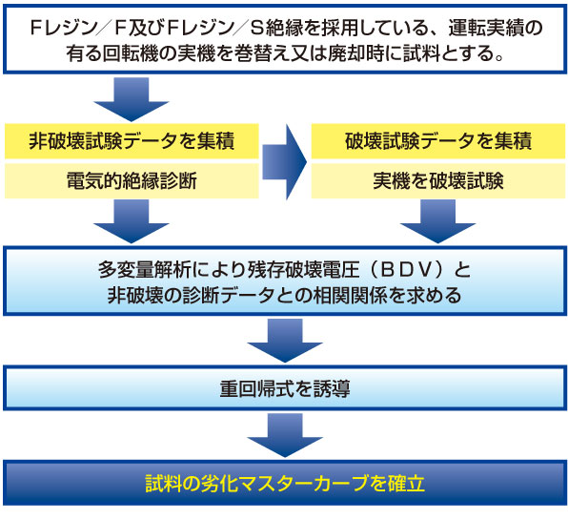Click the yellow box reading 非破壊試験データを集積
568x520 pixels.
pyautogui.click(x=132, y=141)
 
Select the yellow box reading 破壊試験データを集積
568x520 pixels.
pyautogui.click(x=438, y=141)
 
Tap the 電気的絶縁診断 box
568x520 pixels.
pyautogui.click(x=132, y=180)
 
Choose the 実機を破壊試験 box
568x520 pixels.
pyautogui.click(x=438, y=180)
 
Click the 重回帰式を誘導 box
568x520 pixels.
pyautogui.click(x=285, y=388)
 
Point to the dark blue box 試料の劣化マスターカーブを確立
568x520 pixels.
pyautogui.click(x=285, y=483)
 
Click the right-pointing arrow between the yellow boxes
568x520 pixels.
pyautogui.click(x=285, y=162)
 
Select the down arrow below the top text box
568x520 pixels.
pyautogui.click(x=132, y=99)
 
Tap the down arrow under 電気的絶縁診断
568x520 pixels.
pyautogui.click(x=132, y=221)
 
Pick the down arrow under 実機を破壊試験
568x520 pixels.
pyautogui.click(x=437, y=221)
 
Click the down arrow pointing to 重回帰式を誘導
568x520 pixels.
pyautogui.click(x=285, y=341)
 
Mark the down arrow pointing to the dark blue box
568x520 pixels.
pyautogui.click(x=285, y=435)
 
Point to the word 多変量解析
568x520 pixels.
pyautogui.click(x=145, y=270)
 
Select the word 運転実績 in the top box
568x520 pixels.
pyautogui.click(x=485, y=28)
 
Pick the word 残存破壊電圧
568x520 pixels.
pyautogui.click(x=304, y=270)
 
